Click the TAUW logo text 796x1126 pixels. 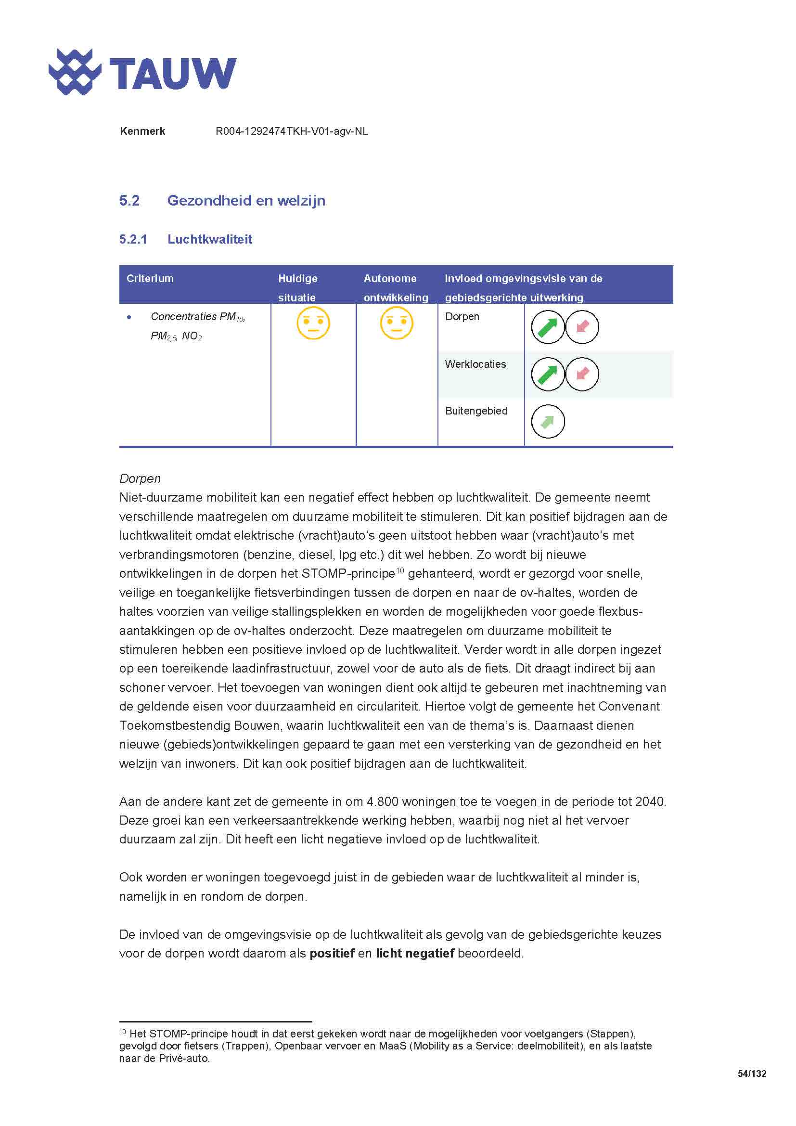(173, 74)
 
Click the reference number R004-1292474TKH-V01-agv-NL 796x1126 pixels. (291, 131)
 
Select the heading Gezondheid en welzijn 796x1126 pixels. (245, 201)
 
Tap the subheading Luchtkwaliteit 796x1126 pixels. (209, 239)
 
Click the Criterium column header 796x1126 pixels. (150, 279)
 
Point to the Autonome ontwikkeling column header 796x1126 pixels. (395, 288)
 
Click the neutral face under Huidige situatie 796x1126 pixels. (313, 323)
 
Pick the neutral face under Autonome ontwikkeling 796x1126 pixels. (396, 323)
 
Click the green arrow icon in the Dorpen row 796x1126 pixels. (548, 327)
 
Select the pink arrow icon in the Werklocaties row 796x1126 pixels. (582, 374)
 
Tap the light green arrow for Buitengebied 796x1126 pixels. (548, 421)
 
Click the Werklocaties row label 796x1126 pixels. (475, 364)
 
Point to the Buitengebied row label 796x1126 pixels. (476, 411)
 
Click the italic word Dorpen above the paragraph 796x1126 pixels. (140, 479)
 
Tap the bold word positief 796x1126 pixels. (332, 954)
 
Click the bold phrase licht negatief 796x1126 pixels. (415, 954)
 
